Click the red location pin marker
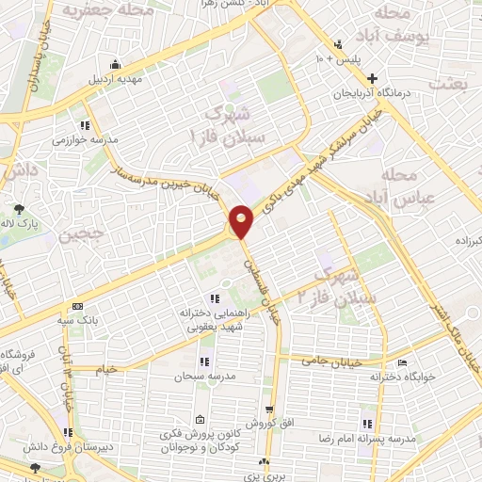pyautogui.click(x=241, y=220)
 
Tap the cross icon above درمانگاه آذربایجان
pyautogui.click(x=374, y=78)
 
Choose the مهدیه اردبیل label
pyautogui.click(x=114, y=80)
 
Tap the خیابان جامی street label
pyautogui.click(x=329, y=360)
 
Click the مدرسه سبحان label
pyautogui.click(x=195, y=376)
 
